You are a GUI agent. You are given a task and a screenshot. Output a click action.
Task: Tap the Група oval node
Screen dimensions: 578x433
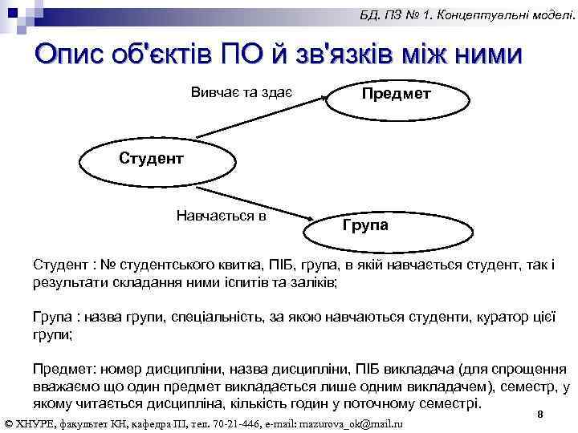[x=365, y=225]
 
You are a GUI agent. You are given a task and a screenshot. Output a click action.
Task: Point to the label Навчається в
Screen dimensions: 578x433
[x=221, y=215]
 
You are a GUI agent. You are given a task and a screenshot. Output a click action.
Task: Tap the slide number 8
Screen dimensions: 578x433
[x=540, y=414]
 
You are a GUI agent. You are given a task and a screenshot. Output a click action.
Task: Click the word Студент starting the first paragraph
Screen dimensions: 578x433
[x=59, y=266]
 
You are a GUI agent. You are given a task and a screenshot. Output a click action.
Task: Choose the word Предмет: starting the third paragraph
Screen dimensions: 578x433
[x=63, y=369]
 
